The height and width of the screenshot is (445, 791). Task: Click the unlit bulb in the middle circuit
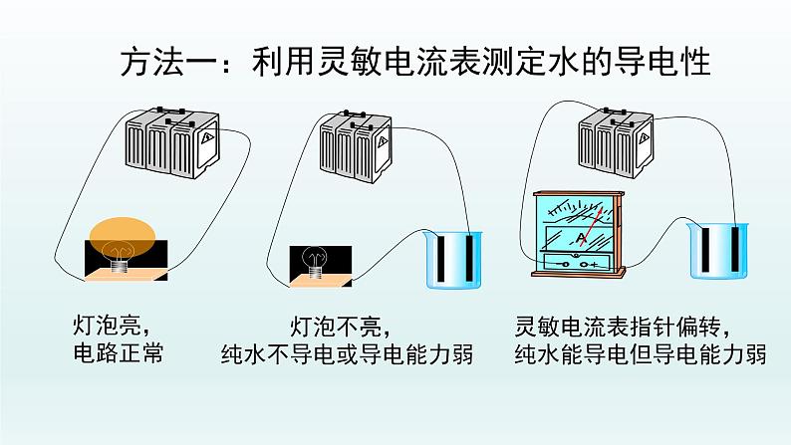coord(316,258)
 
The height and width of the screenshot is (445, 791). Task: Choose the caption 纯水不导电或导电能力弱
coord(346,354)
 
